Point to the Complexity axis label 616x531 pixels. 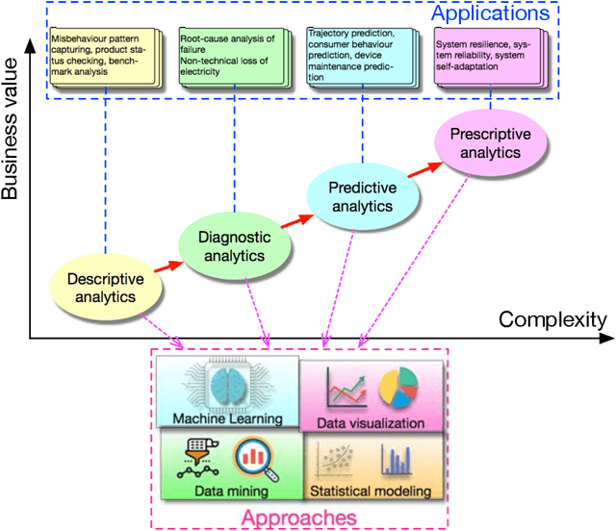pos(552,318)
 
